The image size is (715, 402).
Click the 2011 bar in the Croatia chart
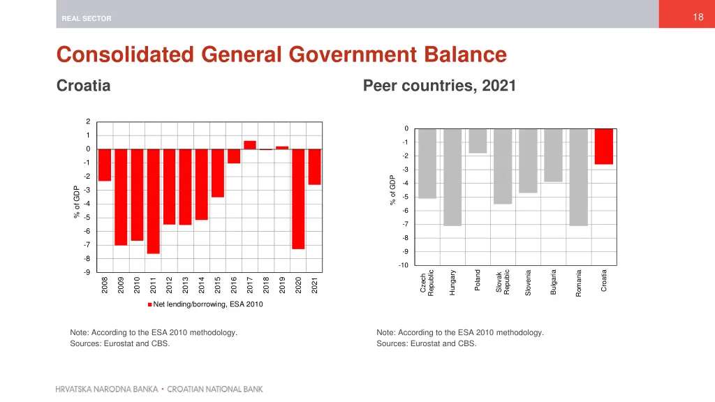[153, 201]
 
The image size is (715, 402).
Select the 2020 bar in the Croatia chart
[298, 199]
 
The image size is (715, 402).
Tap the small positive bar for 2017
[249, 145]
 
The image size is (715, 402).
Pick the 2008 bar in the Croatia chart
[105, 165]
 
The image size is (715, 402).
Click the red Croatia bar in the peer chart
[604, 147]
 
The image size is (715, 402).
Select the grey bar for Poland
[478, 141]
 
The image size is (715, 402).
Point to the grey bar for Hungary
[452, 177]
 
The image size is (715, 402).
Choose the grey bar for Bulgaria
[553, 155]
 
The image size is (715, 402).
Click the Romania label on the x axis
[579, 283]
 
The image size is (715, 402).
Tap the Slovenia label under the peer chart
[529, 283]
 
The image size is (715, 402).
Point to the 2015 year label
[218, 285]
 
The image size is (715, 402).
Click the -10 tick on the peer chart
[403, 265]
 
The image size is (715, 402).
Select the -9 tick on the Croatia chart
[87, 272]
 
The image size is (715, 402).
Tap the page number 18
[698, 17]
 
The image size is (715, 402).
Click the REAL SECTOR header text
[87, 19]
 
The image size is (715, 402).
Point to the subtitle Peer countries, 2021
[439, 86]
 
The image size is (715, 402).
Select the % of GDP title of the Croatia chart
[77, 202]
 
